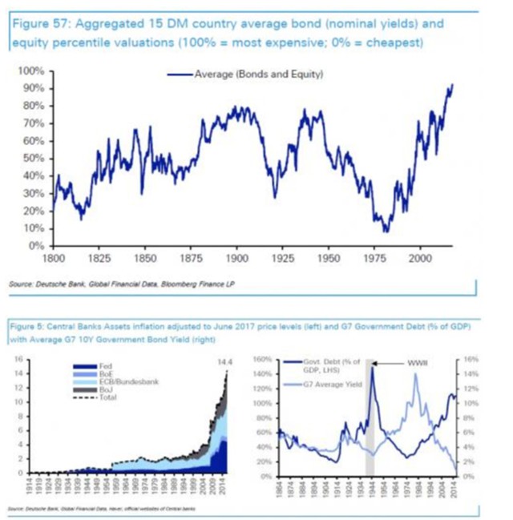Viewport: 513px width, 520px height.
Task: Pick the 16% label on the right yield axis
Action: tap(471, 361)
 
